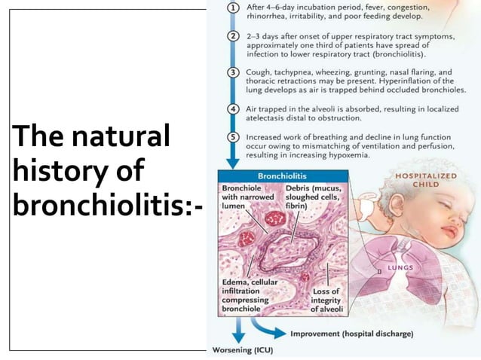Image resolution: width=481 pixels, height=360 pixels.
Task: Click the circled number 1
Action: point(233,7)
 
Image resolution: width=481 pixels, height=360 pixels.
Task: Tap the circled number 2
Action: point(233,36)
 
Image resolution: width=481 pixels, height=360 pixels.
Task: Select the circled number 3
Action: point(233,72)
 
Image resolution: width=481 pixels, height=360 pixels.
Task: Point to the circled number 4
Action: point(233,108)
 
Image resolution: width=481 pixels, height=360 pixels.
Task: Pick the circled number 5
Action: point(233,136)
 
